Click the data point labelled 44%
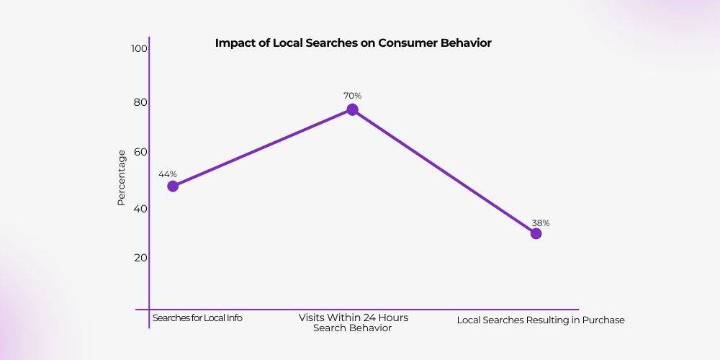(x=173, y=186)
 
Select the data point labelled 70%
(x=352, y=109)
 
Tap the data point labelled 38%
(x=536, y=233)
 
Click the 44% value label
(x=168, y=174)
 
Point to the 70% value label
(x=352, y=95)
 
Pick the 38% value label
(x=541, y=223)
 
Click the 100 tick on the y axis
(x=139, y=49)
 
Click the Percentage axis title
(x=122, y=177)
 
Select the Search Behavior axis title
(x=352, y=328)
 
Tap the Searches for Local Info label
(x=197, y=318)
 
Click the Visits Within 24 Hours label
(x=353, y=318)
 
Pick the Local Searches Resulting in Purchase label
(x=541, y=320)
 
